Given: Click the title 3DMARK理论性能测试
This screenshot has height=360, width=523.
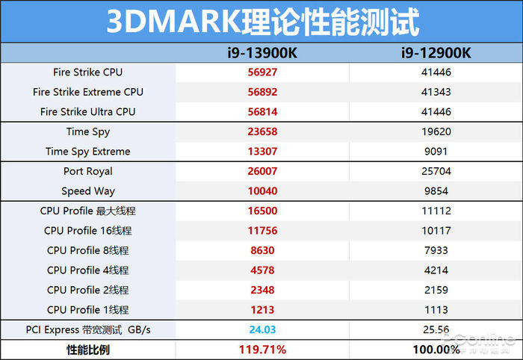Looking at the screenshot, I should click(261, 22).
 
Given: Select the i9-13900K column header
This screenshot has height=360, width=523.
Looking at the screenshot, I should click(262, 53).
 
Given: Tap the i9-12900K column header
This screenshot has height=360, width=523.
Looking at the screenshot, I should click(436, 53).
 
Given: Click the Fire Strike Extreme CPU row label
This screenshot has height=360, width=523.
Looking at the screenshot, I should click(88, 92).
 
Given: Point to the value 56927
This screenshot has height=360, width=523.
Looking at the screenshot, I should click(262, 72).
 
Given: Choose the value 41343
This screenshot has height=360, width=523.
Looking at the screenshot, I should click(436, 92).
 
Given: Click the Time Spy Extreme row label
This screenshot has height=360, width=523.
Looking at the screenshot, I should click(88, 152).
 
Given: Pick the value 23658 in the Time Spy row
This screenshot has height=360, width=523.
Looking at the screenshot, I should click(262, 131).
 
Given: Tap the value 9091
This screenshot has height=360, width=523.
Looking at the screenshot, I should click(436, 152).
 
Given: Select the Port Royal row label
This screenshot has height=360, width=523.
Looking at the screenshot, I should click(88, 171).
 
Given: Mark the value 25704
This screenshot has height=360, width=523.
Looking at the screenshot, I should click(436, 171).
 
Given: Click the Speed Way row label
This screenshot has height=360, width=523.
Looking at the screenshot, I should click(88, 191).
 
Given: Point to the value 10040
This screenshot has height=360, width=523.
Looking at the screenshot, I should click(262, 191).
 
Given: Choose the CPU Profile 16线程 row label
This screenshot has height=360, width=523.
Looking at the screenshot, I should click(88, 231).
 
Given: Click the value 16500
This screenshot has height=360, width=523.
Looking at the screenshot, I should click(262, 211).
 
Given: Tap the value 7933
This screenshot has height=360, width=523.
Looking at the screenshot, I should click(436, 250).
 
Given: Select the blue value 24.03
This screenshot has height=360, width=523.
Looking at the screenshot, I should click(262, 329).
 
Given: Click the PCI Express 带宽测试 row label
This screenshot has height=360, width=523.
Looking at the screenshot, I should click(88, 329).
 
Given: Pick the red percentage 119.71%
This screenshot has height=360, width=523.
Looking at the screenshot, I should click(262, 349).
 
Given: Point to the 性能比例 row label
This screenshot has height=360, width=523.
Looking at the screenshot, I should click(88, 349).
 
